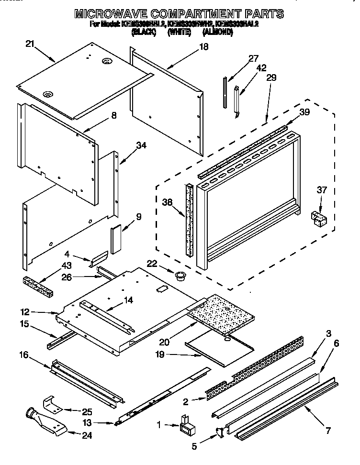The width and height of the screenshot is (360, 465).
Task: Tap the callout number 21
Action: click(x=30, y=44)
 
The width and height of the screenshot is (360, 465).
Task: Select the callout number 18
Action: click(x=203, y=47)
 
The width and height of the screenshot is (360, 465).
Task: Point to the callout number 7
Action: click(x=327, y=431)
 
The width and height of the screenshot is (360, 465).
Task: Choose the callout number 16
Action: click(x=23, y=355)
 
